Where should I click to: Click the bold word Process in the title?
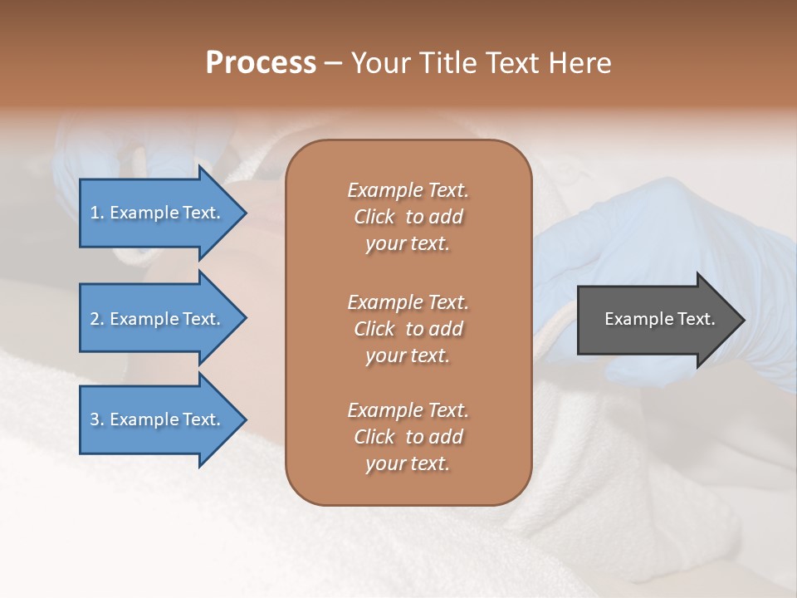[x=261, y=63]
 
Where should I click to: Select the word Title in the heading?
[x=447, y=63]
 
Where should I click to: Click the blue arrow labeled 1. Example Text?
[x=158, y=213]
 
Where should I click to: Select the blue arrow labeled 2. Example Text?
[x=158, y=319]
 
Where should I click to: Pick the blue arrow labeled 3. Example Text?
[x=158, y=419]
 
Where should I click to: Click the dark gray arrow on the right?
[x=656, y=319]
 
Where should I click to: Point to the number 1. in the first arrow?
[x=96, y=213]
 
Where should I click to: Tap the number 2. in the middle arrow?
[x=96, y=319]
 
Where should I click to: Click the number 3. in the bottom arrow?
[x=96, y=419]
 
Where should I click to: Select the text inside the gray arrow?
[x=659, y=319]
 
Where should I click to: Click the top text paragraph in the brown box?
[x=408, y=217]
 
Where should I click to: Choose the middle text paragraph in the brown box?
[x=408, y=328]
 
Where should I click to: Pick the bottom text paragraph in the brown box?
[x=408, y=437]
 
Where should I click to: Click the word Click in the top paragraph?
[x=374, y=217]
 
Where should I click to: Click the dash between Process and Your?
[x=333, y=63]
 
